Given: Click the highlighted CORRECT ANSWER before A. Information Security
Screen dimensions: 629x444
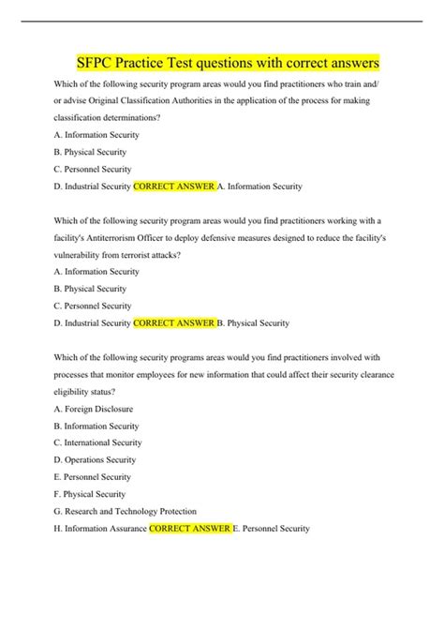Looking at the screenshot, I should coord(174,187).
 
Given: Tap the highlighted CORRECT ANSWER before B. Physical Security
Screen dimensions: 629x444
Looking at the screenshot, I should coord(174,323).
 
